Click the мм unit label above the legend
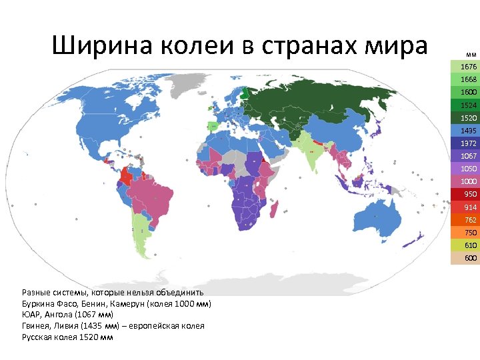click(x=471, y=53)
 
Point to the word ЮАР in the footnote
click(x=31, y=315)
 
